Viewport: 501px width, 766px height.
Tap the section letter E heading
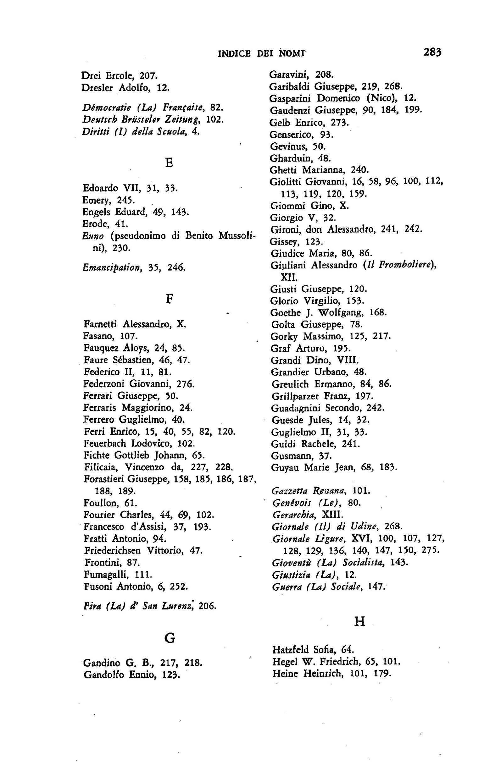168,163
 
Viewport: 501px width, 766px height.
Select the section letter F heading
168,299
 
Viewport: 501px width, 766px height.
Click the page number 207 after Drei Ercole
149,76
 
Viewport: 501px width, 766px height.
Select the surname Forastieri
104,479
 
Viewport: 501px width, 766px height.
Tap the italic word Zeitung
183,120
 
